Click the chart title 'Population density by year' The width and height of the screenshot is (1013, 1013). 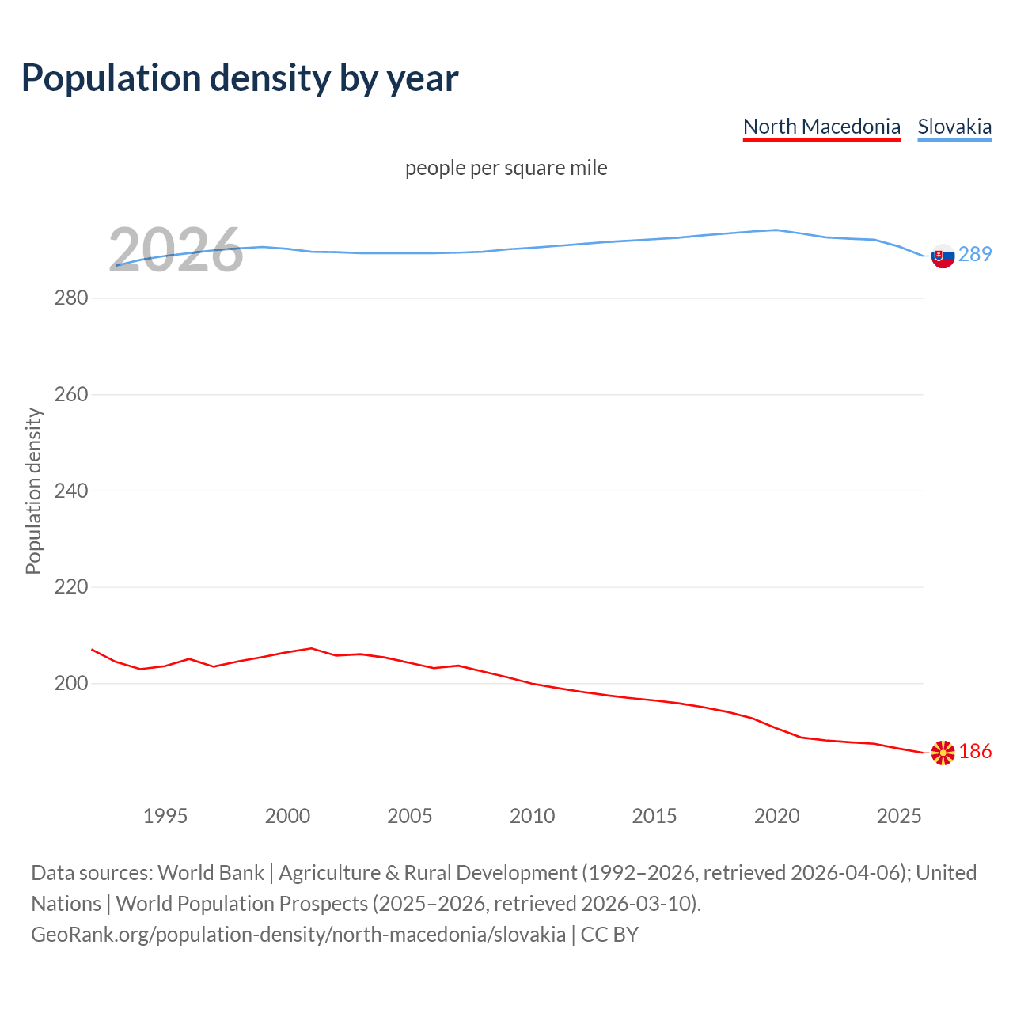coord(240,78)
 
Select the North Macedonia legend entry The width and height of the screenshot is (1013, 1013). coord(821,127)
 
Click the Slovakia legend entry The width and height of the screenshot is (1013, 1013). coord(954,127)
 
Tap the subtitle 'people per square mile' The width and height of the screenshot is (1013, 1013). coord(506,168)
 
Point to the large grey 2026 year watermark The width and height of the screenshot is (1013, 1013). coord(176,251)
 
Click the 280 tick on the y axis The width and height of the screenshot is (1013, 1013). coord(70,298)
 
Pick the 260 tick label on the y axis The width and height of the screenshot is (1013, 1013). coord(70,394)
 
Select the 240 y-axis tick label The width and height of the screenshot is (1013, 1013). coord(70,491)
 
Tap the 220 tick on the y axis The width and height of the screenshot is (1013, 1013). coord(70,587)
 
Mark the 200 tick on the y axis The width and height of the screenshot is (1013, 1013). coord(70,683)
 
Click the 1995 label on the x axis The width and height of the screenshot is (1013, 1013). coord(165,816)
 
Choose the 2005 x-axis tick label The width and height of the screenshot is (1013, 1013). coord(410,816)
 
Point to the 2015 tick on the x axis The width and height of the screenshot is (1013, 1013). coord(654,816)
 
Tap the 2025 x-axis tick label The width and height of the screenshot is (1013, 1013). coord(899,816)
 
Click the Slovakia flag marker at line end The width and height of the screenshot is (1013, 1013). coord(943,256)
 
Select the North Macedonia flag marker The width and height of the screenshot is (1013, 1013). coord(943,753)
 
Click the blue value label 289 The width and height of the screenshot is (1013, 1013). coord(975,254)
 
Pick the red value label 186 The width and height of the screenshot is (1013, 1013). coord(975,751)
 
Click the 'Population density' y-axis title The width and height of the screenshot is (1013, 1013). coord(33,491)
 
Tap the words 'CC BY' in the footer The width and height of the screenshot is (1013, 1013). coord(609,935)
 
